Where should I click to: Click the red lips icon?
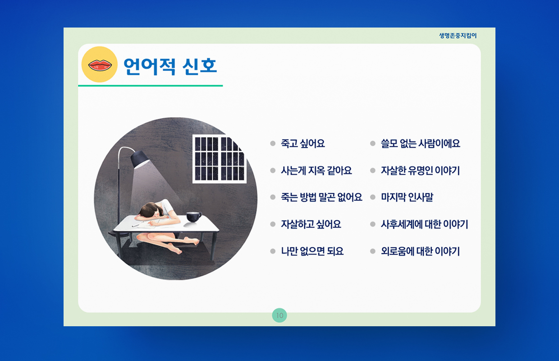(100, 65)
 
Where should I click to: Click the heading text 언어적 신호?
(170, 66)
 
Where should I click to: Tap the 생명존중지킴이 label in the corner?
(458, 36)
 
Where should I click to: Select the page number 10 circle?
(279, 315)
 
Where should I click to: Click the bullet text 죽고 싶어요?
(302, 143)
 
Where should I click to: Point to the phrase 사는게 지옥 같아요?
(316, 171)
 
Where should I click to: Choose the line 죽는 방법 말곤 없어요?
(321, 197)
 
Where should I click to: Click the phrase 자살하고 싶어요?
(311, 224)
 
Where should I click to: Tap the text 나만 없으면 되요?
(312, 251)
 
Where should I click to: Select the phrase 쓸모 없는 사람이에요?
(421, 143)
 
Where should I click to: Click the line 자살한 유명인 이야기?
(420, 171)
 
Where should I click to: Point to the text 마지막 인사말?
(407, 197)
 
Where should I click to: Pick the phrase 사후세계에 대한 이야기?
(425, 224)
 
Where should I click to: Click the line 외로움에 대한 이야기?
(420, 251)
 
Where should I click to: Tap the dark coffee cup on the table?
(193, 217)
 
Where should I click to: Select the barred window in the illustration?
(220, 159)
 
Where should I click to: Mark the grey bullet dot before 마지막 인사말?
(372, 197)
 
